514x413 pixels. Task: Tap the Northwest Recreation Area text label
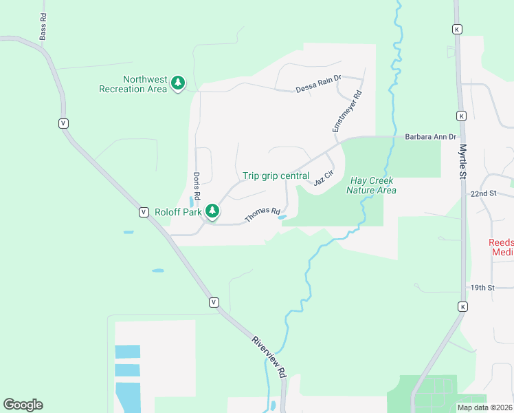pos(133,84)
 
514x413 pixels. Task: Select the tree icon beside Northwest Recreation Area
pos(179,83)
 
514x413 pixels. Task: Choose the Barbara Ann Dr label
pos(431,137)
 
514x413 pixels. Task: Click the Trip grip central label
pos(276,176)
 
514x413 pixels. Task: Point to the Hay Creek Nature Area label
pos(372,185)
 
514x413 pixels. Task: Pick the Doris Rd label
pos(197,186)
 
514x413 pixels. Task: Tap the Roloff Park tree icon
pos(213,211)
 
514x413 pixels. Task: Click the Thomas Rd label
pos(262,215)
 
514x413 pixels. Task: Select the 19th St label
pos(482,287)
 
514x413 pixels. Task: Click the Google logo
pos(23,404)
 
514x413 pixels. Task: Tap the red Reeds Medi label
pos(500,247)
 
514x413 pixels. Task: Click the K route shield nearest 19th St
pos(463,306)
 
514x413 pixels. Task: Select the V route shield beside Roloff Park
pos(144,211)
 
